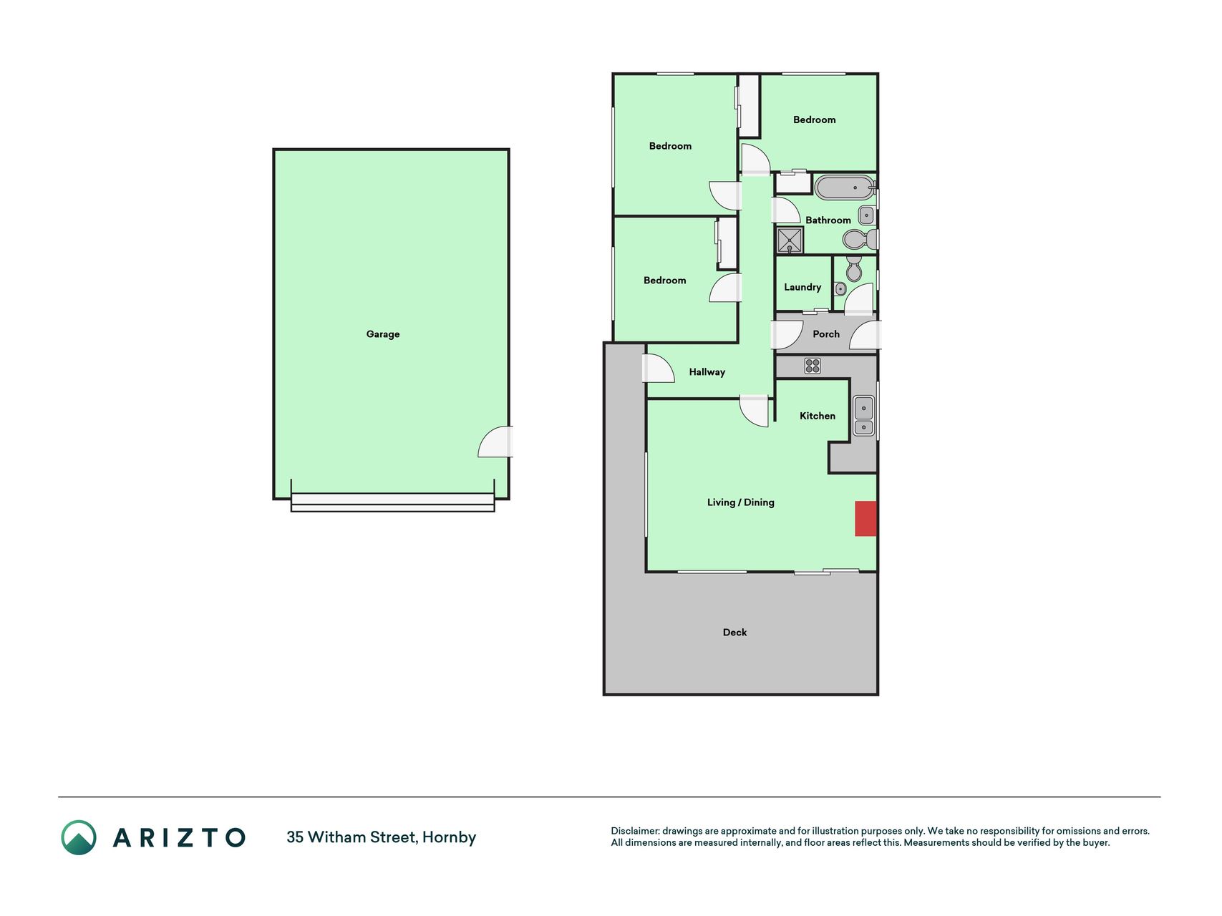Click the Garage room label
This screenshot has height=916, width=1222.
click(x=383, y=334)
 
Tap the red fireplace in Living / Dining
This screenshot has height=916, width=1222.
click(x=865, y=519)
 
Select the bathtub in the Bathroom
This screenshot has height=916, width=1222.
click(x=845, y=187)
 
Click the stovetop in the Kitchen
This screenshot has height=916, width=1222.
click(x=813, y=366)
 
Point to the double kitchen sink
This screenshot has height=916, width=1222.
click(x=864, y=416)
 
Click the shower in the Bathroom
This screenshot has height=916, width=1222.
click(x=790, y=240)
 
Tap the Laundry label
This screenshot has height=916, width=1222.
click(x=802, y=287)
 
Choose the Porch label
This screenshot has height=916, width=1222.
click(x=826, y=334)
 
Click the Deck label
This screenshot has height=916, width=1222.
click(x=734, y=633)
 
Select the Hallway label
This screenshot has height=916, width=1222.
click(x=707, y=372)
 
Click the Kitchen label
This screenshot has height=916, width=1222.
click(x=818, y=416)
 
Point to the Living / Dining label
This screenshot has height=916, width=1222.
click(x=741, y=502)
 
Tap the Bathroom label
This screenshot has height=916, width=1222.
click(x=828, y=220)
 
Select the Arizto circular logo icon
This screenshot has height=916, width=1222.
click(x=79, y=837)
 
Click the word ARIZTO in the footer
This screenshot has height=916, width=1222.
click(x=179, y=837)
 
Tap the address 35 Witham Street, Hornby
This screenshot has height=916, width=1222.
click(x=382, y=837)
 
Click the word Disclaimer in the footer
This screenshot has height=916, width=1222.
click(x=634, y=831)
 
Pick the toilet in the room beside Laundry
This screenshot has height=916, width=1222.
click(x=853, y=269)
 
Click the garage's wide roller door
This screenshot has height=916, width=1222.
click(x=392, y=502)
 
